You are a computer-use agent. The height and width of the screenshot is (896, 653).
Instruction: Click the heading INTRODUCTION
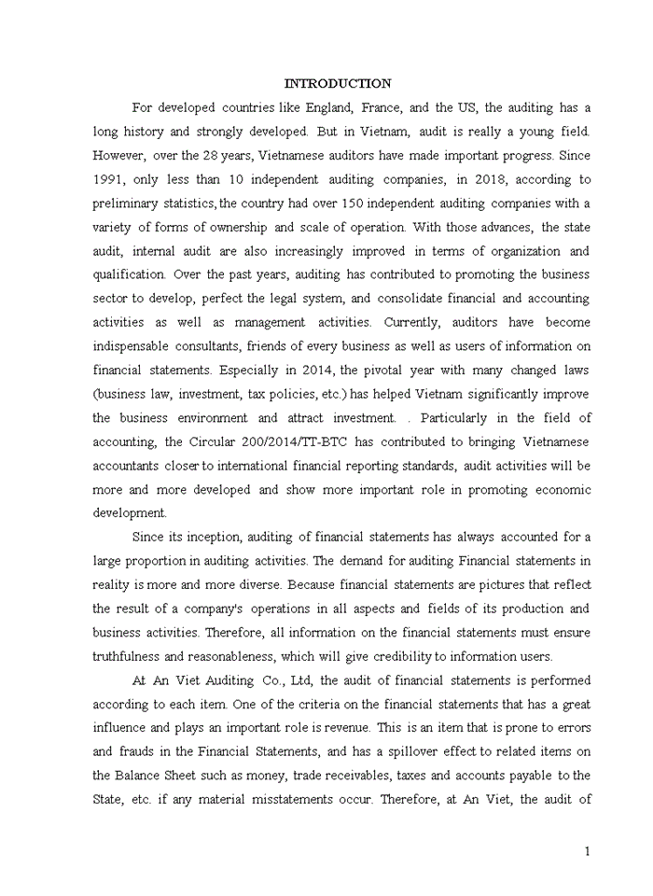[x=338, y=84]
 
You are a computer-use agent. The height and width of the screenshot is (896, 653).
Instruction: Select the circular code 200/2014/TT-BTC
[x=271, y=441]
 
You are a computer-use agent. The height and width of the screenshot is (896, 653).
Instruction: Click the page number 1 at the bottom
[x=587, y=851]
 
